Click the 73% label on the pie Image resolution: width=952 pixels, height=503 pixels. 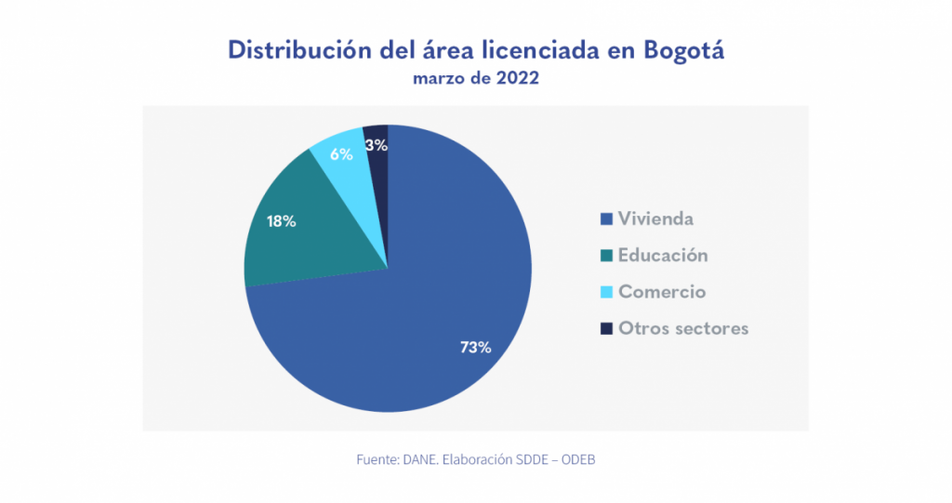click(x=475, y=348)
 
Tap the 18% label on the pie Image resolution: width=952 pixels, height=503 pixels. click(x=281, y=221)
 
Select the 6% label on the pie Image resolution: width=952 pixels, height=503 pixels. click(x=341, y=154)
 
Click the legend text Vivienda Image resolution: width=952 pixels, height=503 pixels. click(x=655, y=219)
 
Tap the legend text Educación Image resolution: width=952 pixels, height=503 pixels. click(x=663, y=256)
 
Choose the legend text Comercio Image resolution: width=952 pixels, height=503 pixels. click(x=662, y=292)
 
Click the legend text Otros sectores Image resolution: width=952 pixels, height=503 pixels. click(x=683, y=328)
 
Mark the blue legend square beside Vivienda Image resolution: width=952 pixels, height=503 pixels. click(x=606, y=219)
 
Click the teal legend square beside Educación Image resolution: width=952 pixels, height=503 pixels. click(x=606, y=256)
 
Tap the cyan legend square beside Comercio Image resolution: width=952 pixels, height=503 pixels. click(x=606, y=292)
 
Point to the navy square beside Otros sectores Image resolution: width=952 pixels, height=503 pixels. click(x=606, y=328)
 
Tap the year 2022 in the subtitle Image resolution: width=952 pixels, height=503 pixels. click(x=516, y=79)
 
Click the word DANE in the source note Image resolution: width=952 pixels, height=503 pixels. click(x=420, y=460)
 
